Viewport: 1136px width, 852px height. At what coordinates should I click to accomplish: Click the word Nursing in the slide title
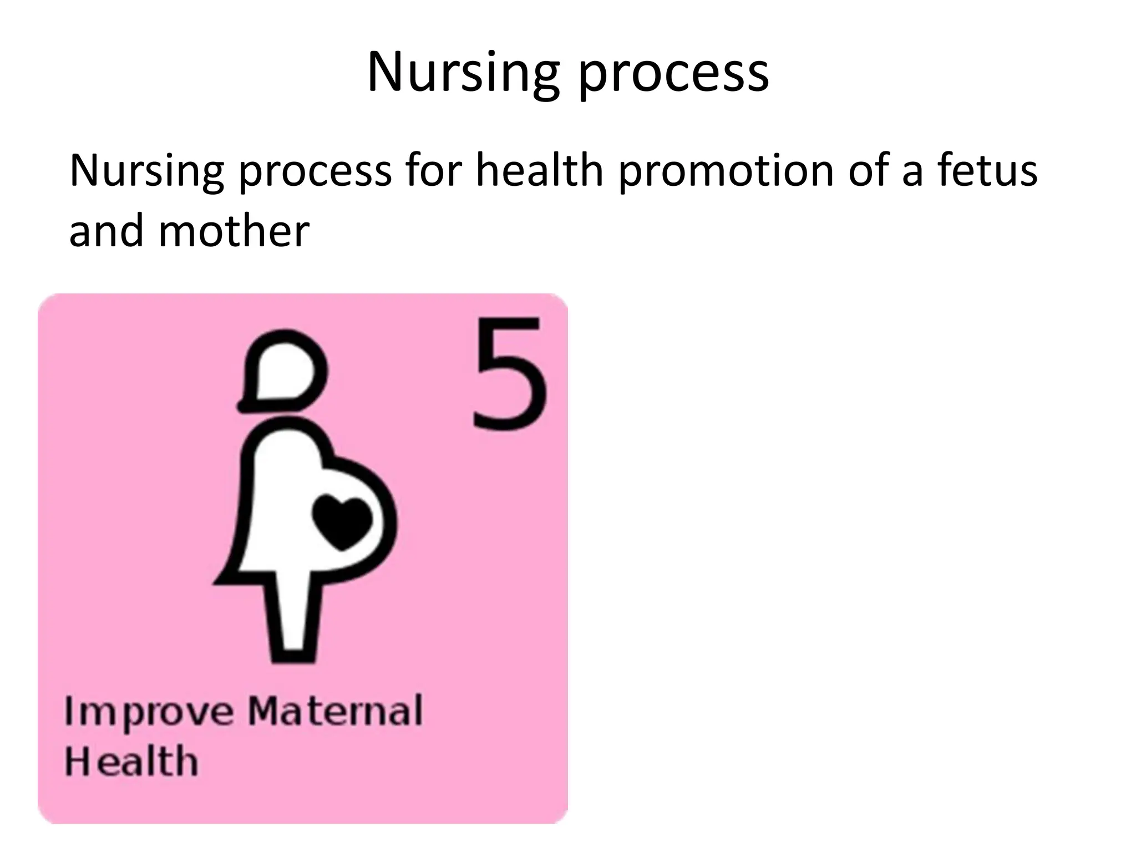pos(463,72)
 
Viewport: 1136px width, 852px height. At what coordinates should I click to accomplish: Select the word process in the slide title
pos(673,75)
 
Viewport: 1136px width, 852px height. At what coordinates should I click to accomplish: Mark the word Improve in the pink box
pos(149,712)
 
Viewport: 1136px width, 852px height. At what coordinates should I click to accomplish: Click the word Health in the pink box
pos(131,761)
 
